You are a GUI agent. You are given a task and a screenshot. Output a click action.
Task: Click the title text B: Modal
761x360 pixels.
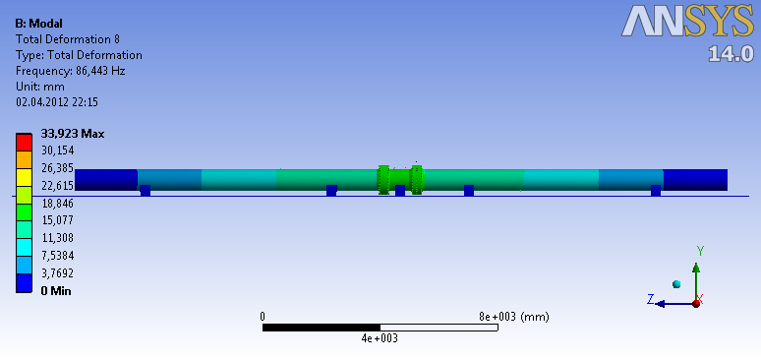point(38,24)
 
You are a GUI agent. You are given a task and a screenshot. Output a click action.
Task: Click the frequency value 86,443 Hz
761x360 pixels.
point(100,71)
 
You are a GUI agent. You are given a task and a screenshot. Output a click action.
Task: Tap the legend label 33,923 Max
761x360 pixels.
point(73,134)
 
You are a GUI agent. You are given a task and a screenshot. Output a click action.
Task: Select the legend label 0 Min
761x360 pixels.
point(56,291)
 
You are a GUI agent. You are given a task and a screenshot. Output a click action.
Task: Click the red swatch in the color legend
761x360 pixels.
point(24,143)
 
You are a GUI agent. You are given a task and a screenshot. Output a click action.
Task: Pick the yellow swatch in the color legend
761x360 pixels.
point(24,177)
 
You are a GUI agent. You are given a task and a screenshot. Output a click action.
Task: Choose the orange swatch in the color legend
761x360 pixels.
point(24,160)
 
